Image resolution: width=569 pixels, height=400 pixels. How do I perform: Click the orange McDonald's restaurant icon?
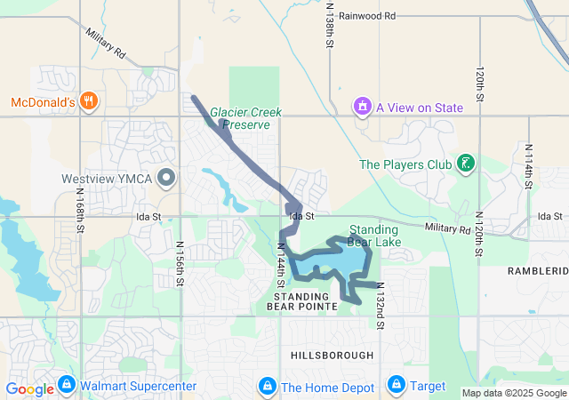(87, 100)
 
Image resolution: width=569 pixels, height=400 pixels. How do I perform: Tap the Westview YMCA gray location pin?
(165, 179)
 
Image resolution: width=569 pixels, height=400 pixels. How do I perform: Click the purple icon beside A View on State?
(362, 108)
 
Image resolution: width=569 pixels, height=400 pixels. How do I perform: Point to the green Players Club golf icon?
(463, 164)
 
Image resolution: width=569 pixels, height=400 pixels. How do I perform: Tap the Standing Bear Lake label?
(373, 236)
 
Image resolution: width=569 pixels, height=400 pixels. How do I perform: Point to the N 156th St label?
(179, 263)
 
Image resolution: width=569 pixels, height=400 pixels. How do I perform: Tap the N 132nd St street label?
(379, 305)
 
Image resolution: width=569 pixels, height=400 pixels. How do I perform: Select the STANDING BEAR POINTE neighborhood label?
(302, 300)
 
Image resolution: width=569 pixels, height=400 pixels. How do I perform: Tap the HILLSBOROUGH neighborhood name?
(333, 355)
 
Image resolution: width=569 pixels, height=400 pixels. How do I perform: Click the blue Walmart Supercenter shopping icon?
(65, 386)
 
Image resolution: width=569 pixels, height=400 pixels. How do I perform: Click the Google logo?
(29, 388)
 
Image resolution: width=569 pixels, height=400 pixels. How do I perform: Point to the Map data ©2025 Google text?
(513, 393)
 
